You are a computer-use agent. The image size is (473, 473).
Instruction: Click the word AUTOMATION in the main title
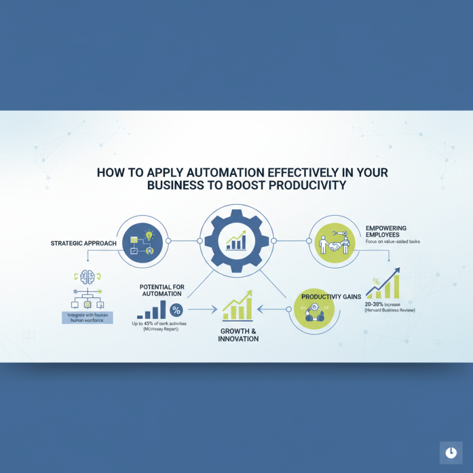tap(223, 173)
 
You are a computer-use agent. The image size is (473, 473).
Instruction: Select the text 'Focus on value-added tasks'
tap(394, 243)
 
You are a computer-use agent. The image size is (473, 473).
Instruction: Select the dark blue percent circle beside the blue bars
tap(176, 310)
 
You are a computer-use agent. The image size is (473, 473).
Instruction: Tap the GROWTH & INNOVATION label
tap(238, 335)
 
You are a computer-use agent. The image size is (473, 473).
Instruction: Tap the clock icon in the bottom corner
tap(451, 452)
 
